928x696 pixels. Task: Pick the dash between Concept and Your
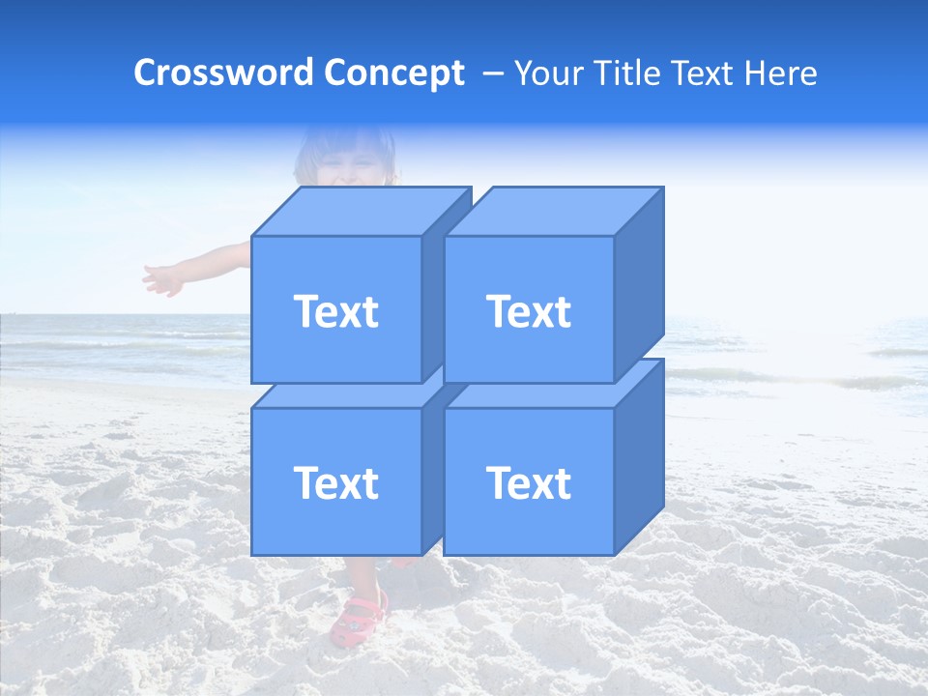point(491,73)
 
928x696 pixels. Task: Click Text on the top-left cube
point(335,311)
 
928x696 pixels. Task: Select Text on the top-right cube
point(529,311)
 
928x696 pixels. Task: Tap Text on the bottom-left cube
point(335,482)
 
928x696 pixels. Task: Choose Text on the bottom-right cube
point(529,482)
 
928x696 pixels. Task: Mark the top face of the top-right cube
point(554,211)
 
